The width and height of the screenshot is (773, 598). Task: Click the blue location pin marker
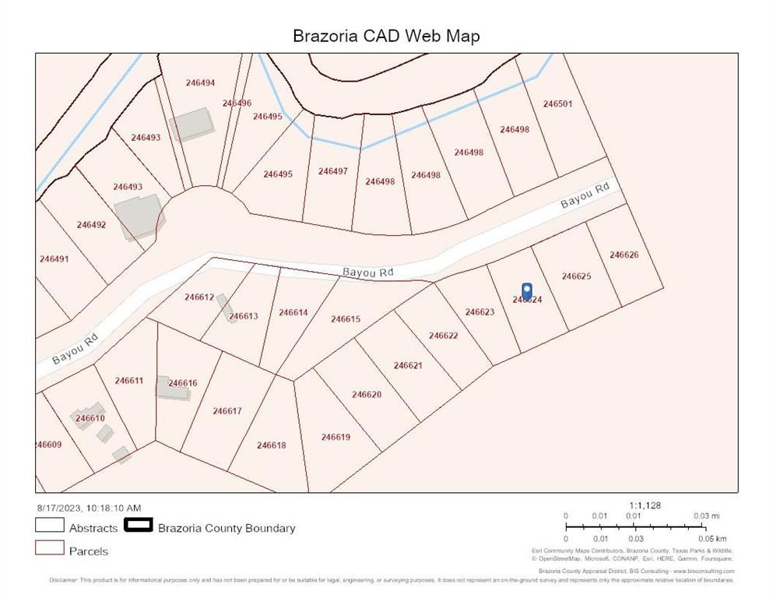click(526, 291)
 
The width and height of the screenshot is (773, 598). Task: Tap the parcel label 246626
click(624, 255)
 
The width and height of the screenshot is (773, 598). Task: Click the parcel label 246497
click(332, 171)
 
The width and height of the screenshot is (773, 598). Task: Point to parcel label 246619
click(336, 437)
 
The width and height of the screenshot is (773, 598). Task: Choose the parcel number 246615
click(345, 318)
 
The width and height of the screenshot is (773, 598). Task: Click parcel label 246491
click(54, 259)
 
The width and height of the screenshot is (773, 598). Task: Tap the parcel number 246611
click(128, 381)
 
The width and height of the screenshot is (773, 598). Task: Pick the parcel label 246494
click(200, 83)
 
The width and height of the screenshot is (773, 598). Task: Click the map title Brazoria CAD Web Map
click(386, 36)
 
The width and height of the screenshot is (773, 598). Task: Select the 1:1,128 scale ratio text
click(645, 505)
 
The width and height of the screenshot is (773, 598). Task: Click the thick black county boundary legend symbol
click(138, 526)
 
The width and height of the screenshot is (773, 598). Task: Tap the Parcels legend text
click(89, 551)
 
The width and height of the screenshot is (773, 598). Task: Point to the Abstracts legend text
click(93, 528)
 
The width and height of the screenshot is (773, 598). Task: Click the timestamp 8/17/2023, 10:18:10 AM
click(88, 508)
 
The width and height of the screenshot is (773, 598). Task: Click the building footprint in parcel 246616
click(171, 389)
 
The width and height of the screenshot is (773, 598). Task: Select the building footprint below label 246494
click(191, 123)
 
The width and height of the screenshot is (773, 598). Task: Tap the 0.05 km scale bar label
click(711, 539)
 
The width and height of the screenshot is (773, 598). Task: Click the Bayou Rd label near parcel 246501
click(585, 195)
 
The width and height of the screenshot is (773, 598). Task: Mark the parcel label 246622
click(443, 336)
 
